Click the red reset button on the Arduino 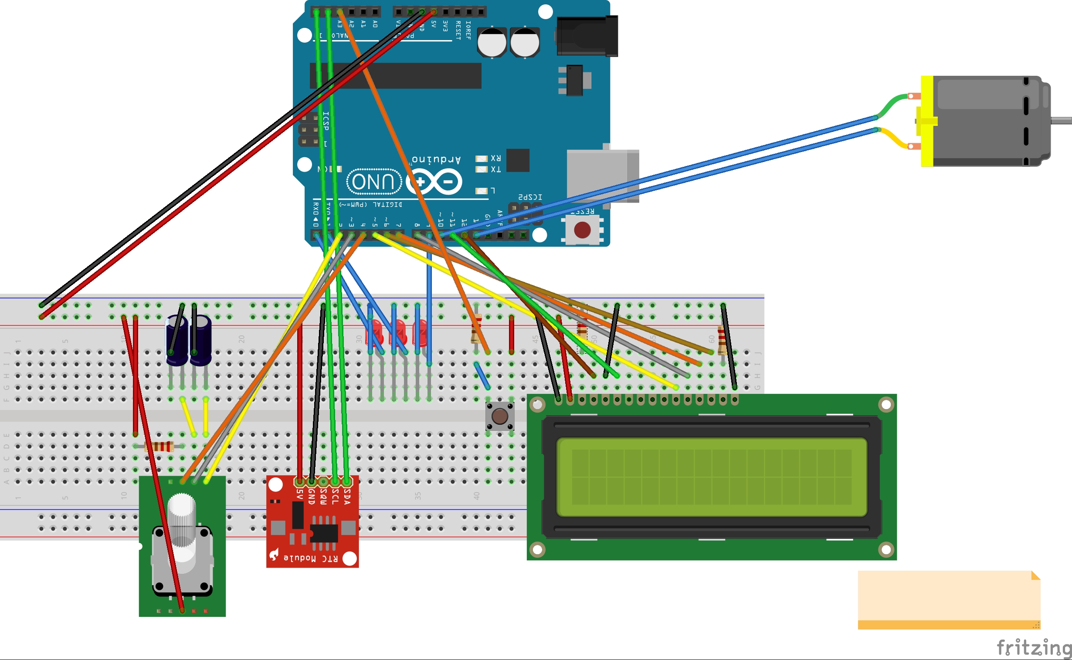click(582, 230)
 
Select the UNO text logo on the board click(373, 182)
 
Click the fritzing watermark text click(1033, 646)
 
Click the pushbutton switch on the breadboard click(499, 416)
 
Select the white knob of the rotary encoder click(181, 511)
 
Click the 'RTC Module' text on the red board click(310, 558)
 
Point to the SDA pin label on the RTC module click(347, 496)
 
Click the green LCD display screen click(711, 477)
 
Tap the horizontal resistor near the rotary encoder click(159, 446)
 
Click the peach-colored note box click(948, 599)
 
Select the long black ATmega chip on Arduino click(395, 75)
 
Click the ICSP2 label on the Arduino click(530, 197)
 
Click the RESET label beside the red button click(582, 212)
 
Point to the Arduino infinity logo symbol click(434, 182)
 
